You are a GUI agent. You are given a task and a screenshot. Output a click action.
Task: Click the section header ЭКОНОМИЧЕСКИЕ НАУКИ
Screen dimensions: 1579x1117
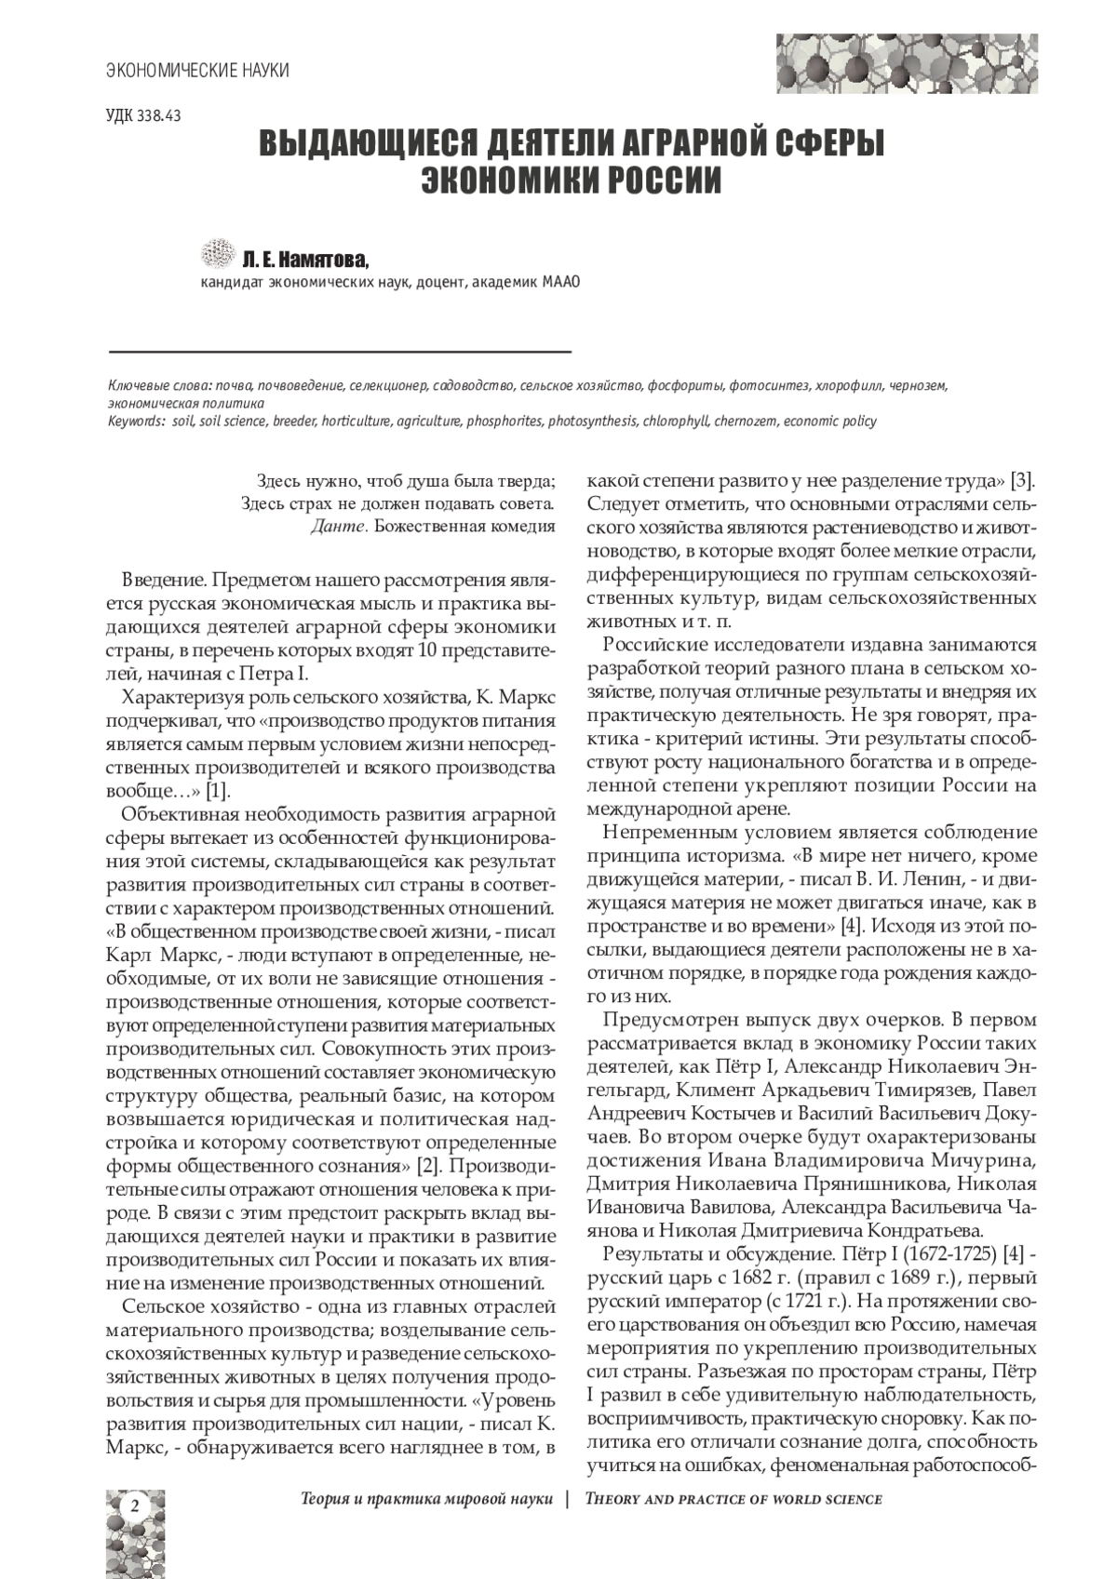pyautogui.click(x=197, y=70)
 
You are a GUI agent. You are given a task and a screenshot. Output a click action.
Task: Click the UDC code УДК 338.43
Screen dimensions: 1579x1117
pyautogui.click(x=143, y=116)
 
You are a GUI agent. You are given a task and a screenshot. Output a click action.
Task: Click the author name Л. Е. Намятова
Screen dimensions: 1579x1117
pyautogui.click(x=305, y=258)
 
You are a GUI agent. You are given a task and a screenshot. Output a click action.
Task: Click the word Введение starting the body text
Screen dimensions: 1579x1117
pyautogui.click(x=163, y=580)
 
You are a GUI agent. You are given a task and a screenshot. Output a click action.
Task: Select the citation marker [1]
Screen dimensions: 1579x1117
pyautogui.click(x=216, y=792)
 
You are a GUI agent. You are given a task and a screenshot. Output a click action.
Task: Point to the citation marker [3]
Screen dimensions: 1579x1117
pyautogui.click(x=1024, y=481)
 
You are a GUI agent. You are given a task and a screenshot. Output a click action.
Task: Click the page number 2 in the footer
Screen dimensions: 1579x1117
pyautogui.click(x=135, y=1505)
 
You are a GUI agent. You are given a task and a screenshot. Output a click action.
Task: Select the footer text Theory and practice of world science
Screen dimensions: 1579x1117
pyautogui.click(x=733, y=1499)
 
